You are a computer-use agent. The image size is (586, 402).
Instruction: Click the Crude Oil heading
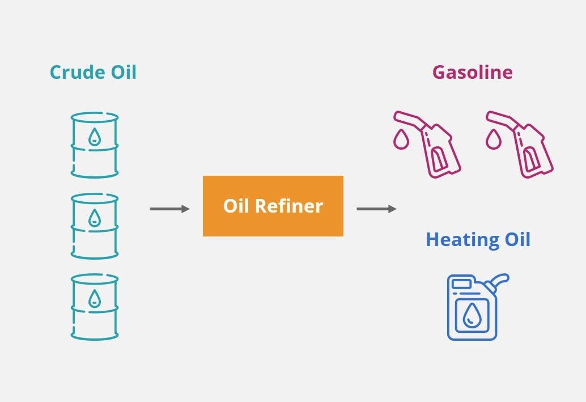coord(93,73)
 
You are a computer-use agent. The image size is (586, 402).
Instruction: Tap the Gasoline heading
coord(472,73)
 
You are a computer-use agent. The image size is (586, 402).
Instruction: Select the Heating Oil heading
coord(478,239)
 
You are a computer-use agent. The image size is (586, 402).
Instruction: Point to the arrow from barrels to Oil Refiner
coord(169,209)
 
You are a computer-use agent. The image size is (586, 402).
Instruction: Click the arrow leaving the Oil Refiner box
coord(376,209)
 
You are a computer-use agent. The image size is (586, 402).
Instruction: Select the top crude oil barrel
coord(95,145)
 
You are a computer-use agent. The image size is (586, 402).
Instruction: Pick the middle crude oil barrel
coord(95,226)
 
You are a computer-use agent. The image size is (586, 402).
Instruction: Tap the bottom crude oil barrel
coord(95,307)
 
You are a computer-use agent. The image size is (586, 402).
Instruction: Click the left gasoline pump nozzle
coord(434,144)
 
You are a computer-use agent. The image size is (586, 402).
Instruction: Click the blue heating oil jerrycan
coord(473,309)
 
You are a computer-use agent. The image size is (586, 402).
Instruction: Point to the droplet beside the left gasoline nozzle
coord(401,139)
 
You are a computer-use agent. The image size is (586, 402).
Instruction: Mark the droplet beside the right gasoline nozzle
coord(494,139)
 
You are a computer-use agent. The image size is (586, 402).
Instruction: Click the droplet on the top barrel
coord(95,136)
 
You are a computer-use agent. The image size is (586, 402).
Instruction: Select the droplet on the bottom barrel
coord(95,298)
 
